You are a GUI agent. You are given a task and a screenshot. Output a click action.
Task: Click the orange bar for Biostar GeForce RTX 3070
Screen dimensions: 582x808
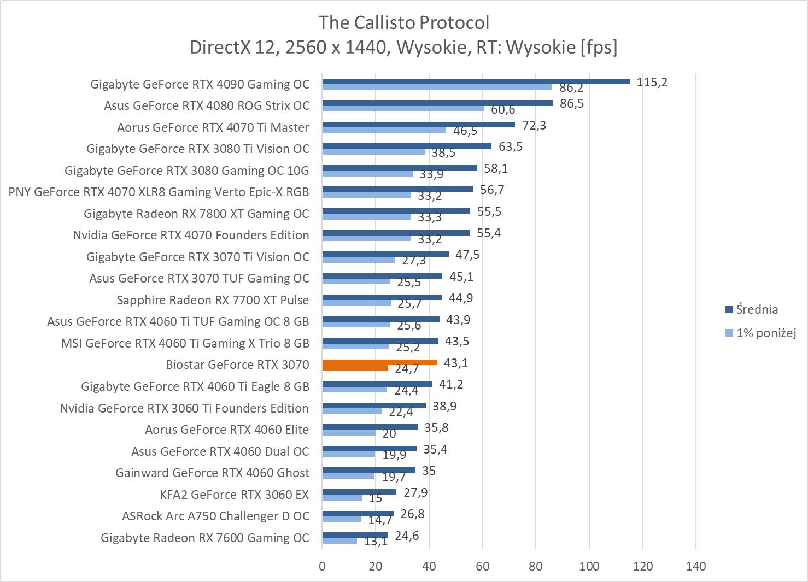pos(379,362)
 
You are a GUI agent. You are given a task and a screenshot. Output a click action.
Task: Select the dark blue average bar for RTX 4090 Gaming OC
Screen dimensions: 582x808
pos(476,81)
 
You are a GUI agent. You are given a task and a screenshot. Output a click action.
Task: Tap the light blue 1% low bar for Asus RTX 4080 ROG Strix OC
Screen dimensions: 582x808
pos(403,109)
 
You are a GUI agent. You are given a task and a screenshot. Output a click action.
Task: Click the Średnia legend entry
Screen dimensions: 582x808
pos(757,309)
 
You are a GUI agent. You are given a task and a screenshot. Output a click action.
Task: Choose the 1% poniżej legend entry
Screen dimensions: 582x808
pos(765,333)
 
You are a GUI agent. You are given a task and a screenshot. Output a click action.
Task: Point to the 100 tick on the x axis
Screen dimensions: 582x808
pos(589,566)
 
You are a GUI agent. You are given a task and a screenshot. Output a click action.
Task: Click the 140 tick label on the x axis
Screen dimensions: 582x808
pos(695,566)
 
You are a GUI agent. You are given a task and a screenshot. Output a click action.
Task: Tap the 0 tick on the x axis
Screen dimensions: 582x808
pos(322,566)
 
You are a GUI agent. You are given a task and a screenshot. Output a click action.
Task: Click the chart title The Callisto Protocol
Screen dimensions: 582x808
pos(403,23)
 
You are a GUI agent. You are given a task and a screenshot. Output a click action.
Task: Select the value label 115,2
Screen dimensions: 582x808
pos(652,83)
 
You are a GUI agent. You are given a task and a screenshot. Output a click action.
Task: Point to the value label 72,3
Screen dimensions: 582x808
pos(534,126)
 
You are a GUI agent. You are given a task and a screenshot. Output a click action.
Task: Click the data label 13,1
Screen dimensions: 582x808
pos(376,542)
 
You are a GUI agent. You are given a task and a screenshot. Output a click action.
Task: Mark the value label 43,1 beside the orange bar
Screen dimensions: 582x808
pos(456,363)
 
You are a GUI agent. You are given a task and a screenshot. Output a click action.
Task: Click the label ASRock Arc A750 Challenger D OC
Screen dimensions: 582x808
pos(215,516)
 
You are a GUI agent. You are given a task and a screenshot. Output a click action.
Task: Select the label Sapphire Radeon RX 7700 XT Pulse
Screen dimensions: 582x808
pos(213,300)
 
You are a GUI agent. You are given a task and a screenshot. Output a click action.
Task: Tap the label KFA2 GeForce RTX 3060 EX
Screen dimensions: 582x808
pos(234,495)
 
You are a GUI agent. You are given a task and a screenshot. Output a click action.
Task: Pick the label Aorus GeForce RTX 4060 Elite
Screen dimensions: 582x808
pos(226,430)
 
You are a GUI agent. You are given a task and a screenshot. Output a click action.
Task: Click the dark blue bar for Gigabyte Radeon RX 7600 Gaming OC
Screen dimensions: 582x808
pos(355,535)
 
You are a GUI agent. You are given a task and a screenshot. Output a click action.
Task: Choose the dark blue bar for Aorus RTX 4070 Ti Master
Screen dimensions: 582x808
pos(418,125)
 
